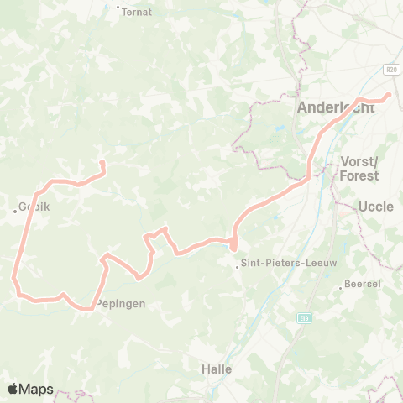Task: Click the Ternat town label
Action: pyautogui.click(x=135, y=13)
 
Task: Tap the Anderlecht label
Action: pyautogui.click(x=336, y=107)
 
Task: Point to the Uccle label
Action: pyautogui.click(x=375, y=206)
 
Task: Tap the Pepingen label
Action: pyautogui.click(x=122, y=304)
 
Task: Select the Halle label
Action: pyautogui.click(x=217, y=369)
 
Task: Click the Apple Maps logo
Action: pyautogui.click(x=30, y=389)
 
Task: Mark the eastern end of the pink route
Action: pyautogui.click(x=389, y=95)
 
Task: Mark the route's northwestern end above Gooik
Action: pyautogui.click(x=102, y=162)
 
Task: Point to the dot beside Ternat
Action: pyautogui.click(x=118, y=7)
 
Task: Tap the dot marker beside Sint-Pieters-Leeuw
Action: pyautogui.click(x=238, y=267)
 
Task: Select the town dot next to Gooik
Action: pyautogui.click(x=15, y=211)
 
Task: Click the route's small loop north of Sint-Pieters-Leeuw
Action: pyautogui.click(x=233, y=244)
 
